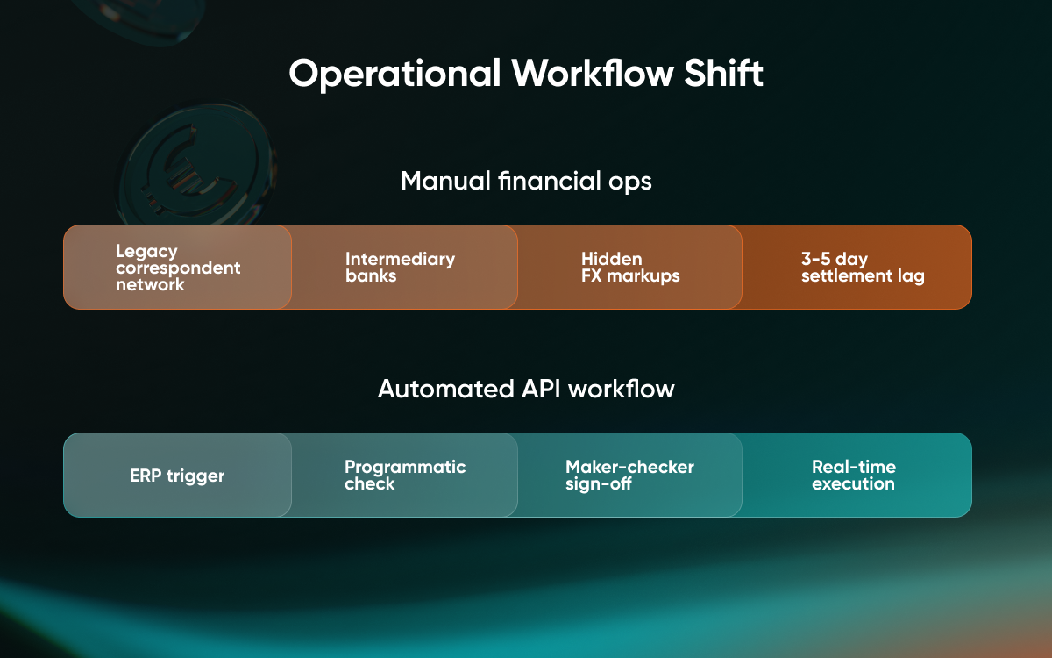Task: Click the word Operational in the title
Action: tap(395, 74)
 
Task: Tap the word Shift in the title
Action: tap(724, 73)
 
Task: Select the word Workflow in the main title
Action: tap(593, 73)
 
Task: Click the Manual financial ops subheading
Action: tap(526, 181)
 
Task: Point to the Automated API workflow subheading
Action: tap(526, 389)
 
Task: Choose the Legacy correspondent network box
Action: tap(177, 267)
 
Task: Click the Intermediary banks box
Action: tap(404, 267)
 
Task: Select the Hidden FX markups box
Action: tap(629, 267)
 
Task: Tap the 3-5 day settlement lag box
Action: tap(857, 267)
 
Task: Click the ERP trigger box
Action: tap(177, 475)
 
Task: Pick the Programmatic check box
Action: tap(404, 475)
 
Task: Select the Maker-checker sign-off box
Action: tap(629, 475)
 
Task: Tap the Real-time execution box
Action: tap(857, 475)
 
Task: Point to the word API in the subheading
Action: tap(541, 389)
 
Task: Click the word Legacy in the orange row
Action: tap(146, 252)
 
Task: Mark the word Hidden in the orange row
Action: tap(612, 259)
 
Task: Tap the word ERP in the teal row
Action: tap(146, 476)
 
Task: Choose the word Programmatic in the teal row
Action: tap(405, 467)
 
